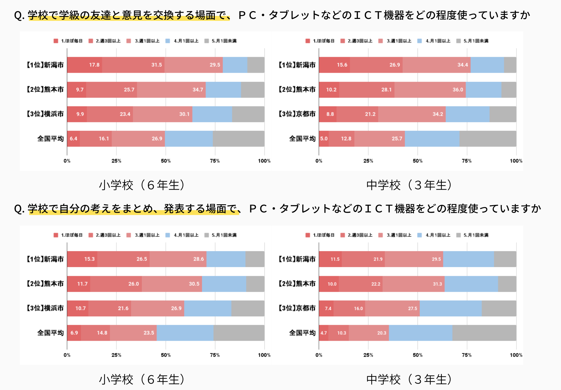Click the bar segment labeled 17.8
85,65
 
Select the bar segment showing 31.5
133,65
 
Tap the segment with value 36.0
430,90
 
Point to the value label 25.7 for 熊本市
129,90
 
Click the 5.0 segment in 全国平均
324,139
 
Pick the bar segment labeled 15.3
82,259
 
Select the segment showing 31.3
413,284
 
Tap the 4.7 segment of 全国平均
324,333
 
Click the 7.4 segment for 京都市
326,308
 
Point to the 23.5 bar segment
133,333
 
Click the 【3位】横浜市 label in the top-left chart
45,114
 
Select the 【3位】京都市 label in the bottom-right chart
297,308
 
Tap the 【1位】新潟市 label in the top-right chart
297,65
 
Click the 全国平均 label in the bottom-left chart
50,333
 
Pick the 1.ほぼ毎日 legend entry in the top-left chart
68,41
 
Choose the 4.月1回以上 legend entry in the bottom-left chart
182,235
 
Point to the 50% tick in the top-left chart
166,161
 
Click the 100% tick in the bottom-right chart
516,355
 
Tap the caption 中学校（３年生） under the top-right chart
409,185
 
